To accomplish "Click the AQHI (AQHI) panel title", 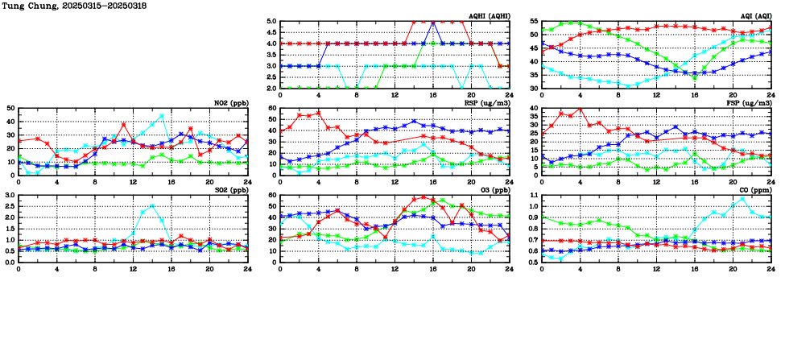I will pos(488,15).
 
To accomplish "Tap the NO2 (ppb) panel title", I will pos(230,102).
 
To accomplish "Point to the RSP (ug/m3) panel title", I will pos(486,102).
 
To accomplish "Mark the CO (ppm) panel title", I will pos(753,189).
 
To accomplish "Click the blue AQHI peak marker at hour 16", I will pos(433,22).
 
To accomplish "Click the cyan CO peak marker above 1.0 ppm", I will pos(742,199).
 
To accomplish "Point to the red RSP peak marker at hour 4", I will pos(319,113).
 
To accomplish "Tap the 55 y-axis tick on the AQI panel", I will pos(535,22).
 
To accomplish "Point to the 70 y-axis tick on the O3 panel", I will pos(273,196).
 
